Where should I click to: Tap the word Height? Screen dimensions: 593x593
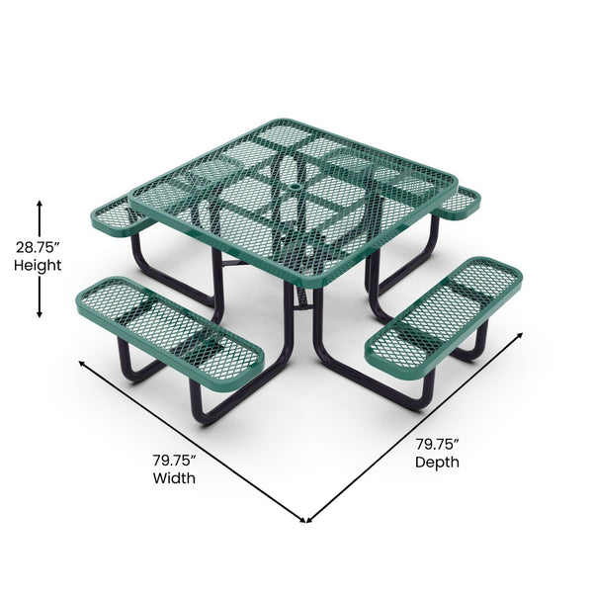[39, 265]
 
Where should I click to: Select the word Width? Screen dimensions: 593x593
[174, 478]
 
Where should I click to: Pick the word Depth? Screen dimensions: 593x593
[437, 462]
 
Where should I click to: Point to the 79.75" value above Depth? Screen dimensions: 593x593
[437, 444]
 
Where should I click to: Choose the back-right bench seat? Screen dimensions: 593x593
[458, 203]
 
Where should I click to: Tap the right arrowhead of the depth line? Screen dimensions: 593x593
[524, 335]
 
